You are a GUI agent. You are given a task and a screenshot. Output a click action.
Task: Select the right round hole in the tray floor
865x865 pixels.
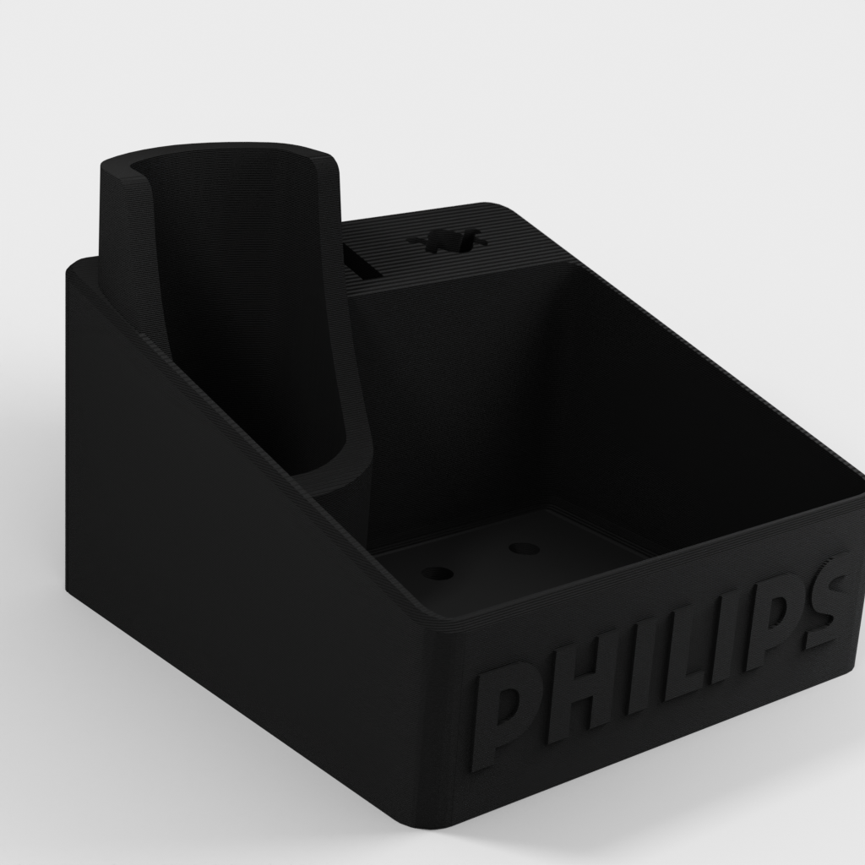point(524,548)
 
